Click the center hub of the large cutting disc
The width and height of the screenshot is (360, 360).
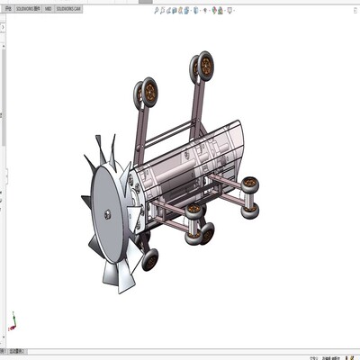tap(107, 213)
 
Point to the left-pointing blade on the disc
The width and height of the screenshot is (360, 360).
tap(86, 200)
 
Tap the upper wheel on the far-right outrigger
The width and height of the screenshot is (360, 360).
tap(252, 185)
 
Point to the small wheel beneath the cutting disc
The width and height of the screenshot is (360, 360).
tap(149, 261)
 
